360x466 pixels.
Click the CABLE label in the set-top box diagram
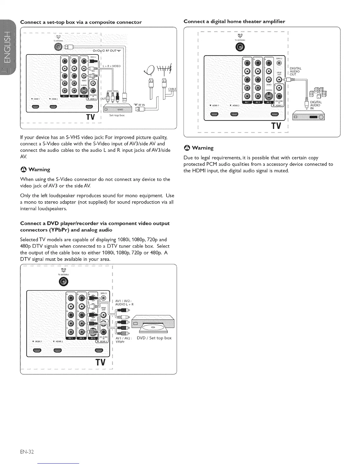pyautogui.click(x=172, y=89)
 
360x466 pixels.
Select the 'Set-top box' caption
pyautogui.click(x=117, y=115)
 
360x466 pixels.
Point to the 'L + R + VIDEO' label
pyautogui.click(x=112, y=66)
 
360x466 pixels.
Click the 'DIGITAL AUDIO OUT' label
pyautogui.click(x=295, y=71)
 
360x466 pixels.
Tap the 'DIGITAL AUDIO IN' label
pyautogui.click(x=316, y=105)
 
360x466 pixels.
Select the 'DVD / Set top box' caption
pyautogui.click(x=154, y=338)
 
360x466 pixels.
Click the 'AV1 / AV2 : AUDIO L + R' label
pyautogui.click(x=124, y=302)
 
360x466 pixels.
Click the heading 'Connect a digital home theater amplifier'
pyautogui.click(x=234, y=21)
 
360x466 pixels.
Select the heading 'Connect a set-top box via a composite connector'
pyautogui.click(x=81, y=22)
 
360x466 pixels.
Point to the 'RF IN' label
pyautogui.click(x=141, y=104)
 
